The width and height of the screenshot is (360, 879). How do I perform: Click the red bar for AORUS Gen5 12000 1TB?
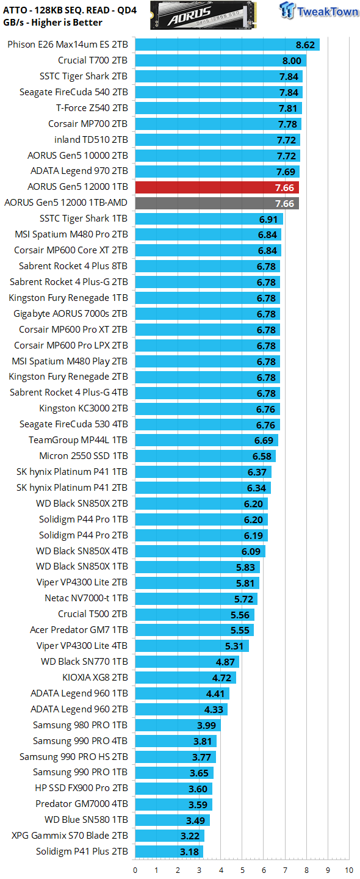(217, 187)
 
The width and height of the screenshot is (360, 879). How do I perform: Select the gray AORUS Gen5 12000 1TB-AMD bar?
(217, 203)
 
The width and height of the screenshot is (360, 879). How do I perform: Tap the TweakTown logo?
(319, 10)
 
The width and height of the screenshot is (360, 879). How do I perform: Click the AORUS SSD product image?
(203, 15)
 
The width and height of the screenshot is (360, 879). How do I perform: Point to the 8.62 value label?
(305, 45)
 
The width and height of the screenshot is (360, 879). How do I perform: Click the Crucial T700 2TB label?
(93, 60)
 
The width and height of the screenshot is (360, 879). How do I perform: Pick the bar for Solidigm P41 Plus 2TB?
(169, 852)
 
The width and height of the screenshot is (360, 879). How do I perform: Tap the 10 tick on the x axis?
(348, 870)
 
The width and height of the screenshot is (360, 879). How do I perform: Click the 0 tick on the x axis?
(135, 870)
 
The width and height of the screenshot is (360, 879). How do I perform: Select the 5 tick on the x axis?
(242, 870)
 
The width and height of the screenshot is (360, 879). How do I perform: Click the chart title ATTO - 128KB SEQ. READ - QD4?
(70, 10)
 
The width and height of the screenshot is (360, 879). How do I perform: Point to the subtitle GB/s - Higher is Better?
(52, 23)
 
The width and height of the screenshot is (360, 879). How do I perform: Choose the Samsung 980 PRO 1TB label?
(80, 725)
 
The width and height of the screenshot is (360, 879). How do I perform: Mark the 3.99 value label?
(206, 725)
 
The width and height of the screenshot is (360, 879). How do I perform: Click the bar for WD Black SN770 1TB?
(187, 662)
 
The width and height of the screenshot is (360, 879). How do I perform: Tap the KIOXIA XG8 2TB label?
(95, 678)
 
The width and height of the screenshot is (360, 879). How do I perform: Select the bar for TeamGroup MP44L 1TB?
(207, 440)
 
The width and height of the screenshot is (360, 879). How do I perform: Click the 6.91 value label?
(268, 219)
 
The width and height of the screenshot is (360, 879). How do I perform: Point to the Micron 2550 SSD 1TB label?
(83, 456)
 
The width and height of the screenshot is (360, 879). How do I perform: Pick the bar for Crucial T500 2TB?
(195, 615)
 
